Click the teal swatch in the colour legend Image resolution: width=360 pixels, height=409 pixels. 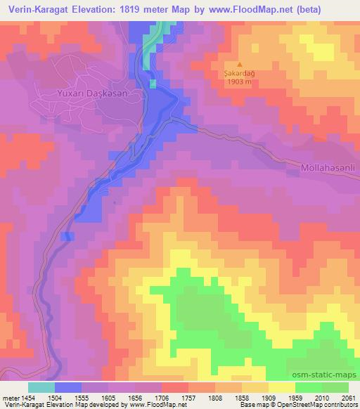click(41, 387)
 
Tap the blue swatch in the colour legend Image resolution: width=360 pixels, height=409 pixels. click(68, 387)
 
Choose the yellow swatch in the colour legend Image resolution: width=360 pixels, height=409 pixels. click(281, 387)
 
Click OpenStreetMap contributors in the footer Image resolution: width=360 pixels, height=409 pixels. click(325, 405)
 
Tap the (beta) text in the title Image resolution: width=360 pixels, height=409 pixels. click(302, 10)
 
